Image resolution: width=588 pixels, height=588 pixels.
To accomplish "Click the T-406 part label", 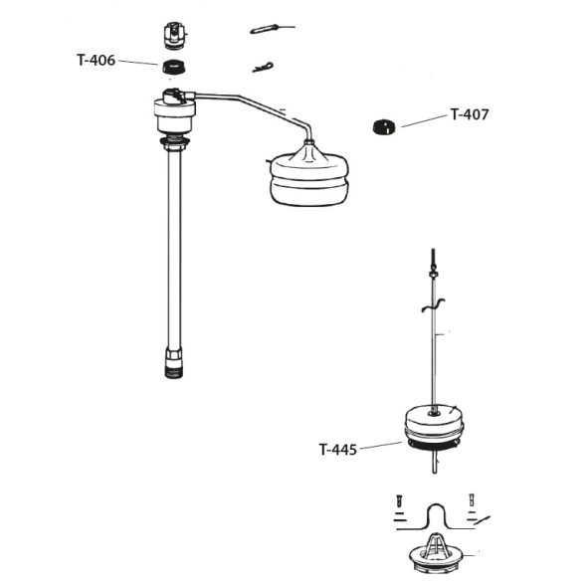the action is click(96, 60).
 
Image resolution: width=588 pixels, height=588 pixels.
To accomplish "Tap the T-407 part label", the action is click(470, 114).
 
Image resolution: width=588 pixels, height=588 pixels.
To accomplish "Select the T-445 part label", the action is click(338, 449).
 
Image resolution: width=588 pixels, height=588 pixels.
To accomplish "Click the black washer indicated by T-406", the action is click(174, 67).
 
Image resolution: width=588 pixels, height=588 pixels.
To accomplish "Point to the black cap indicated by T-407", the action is click(384, 126).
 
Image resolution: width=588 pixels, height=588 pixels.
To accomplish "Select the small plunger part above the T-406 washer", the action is click(174, 36).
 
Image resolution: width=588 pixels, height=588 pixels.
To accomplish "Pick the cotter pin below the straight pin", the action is click(263, 68).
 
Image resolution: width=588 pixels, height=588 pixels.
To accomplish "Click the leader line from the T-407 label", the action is click(424, 121).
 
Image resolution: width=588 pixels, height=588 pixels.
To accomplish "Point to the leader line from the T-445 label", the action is click(381, 445).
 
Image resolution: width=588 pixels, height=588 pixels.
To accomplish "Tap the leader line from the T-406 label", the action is click(138, 63).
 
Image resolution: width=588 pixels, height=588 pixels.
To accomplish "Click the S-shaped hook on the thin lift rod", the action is click(433, 304).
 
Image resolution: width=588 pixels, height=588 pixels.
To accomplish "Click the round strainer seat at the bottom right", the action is click(436, 556).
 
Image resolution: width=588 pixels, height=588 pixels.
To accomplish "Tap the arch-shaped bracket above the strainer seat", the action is click(435, 516).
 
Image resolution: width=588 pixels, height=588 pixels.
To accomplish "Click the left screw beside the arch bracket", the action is click(399, 500).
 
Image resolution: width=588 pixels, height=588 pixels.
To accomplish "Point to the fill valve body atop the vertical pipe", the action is click(175, 111).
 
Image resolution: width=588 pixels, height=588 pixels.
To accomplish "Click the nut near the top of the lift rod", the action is click(433, 275).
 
